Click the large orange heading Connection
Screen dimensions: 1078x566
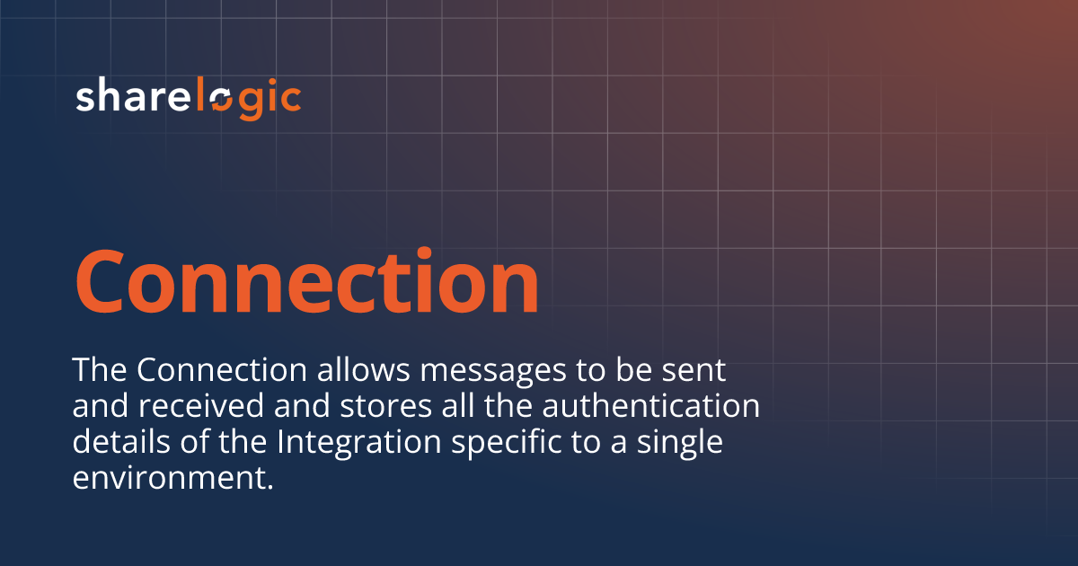coord(307,280)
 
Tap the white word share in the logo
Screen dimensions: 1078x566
coord(133,95)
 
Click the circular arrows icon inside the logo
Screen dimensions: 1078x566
coord(222,101)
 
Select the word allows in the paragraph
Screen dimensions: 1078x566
coord(363,369)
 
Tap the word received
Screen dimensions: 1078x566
coord(201,405)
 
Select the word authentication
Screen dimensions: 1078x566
coord(650,406)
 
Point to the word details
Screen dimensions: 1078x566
coord(121,441)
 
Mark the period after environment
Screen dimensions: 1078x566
coord(270,487)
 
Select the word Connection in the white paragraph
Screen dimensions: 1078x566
coord(222,369)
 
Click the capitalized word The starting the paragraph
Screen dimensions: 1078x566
coord(100,369)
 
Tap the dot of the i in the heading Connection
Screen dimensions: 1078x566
coord(424,252)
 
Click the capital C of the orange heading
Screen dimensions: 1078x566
coord(99,281)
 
